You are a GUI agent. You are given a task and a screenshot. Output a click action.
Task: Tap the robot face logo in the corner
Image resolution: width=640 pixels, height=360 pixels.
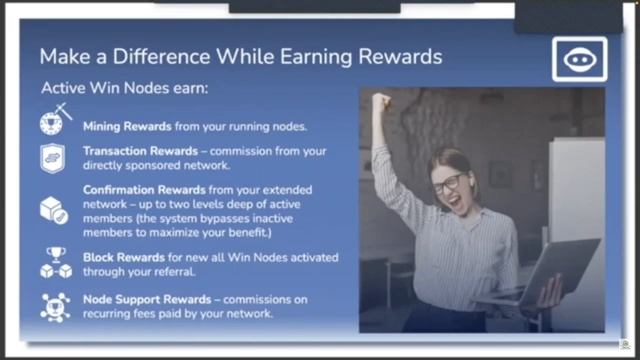click(580, 58)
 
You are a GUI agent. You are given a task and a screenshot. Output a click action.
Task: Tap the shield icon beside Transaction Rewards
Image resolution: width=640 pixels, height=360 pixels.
click(53, 158)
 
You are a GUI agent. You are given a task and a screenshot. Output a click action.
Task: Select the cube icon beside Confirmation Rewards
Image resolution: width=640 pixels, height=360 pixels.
click(53, 209)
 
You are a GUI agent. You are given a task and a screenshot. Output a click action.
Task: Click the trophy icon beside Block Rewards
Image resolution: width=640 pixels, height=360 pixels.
click(55, 262)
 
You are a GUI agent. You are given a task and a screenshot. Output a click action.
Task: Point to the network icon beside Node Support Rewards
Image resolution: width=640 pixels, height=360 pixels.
click(54, 306)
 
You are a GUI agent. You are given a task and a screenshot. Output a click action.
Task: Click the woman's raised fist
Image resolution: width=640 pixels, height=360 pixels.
click(380, 103)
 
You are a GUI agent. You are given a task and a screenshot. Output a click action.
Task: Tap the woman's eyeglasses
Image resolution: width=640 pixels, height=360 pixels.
click(447, 184)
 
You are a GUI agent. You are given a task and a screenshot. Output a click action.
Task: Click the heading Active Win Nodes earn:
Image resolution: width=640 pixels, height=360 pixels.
click(124, 88)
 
